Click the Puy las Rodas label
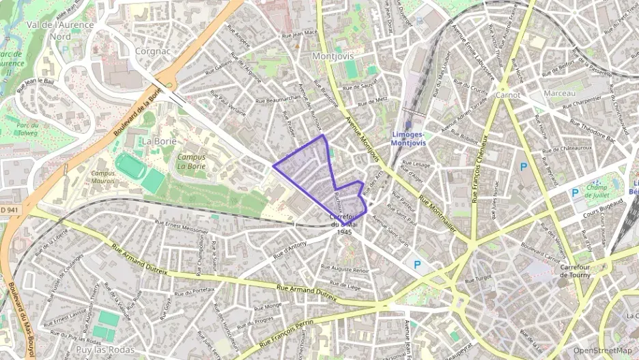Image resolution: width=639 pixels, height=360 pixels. (106, 350)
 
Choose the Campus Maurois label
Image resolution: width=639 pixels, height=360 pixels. (103, 177)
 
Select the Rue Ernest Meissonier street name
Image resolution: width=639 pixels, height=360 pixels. (181, 225)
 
